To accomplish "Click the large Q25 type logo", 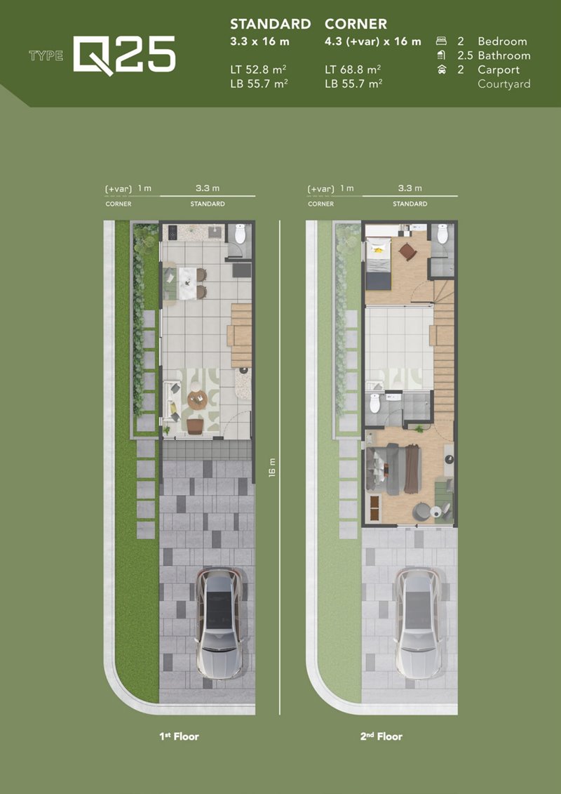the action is click(x=124, y=55).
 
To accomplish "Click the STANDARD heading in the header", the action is click(x=271, y=24).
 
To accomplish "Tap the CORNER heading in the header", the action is click(x=356, y=24).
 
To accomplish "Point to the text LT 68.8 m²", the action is click(x=353, y=70).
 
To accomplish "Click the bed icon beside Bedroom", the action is click(x=441, y=41).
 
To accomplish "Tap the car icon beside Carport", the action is click(x=442, y=70).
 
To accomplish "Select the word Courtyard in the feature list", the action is click(x=503, y=84).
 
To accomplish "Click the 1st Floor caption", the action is click(x=179, y=736).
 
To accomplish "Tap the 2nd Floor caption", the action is click(x=381, y=736).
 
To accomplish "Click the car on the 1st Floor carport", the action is click(x=219, y=623).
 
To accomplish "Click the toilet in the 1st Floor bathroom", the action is click(x=240, y=234).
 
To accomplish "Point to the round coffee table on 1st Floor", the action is click(x=197, y=401).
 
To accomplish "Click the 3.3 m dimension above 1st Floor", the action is click(x=208, y=188).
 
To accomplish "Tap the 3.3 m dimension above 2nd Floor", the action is click(x=410, y=188).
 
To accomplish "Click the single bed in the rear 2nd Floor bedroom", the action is click(x=379, y=264).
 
